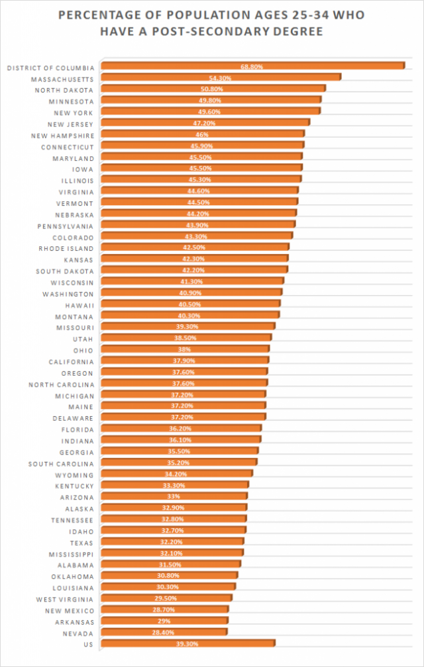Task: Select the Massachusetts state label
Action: (63, 79)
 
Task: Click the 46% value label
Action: (202, 134)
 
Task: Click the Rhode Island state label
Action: (66, 248)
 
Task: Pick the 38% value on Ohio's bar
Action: (185, 349)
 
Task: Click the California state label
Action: (71, 361)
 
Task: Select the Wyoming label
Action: (75, 474)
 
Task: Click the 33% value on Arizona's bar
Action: (174, 497)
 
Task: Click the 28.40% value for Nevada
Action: (164, 633)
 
